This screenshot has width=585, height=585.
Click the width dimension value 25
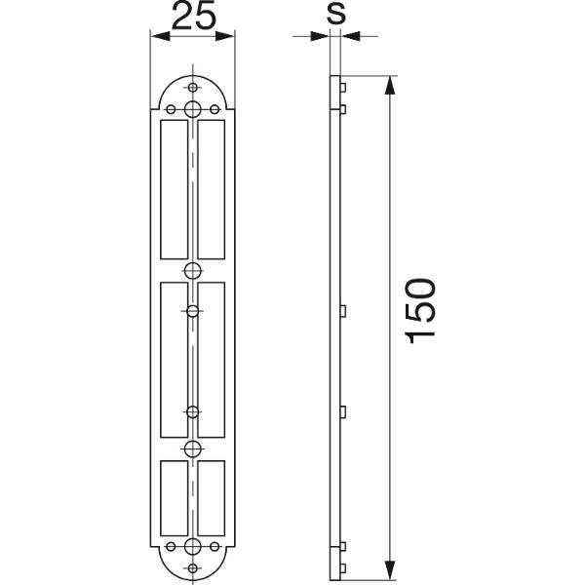[193, 15]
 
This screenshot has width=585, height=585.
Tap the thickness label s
[336, 15]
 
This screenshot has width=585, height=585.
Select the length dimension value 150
[421, 311]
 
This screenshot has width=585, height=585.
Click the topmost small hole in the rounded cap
[192, 88]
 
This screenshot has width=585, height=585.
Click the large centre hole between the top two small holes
[192, 109]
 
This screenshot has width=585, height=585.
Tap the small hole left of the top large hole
[171, 109]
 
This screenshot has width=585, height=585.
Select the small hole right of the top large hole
[214, 109]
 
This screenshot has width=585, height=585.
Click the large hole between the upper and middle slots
[192, 270]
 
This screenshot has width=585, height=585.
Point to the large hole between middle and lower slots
[192, 448]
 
